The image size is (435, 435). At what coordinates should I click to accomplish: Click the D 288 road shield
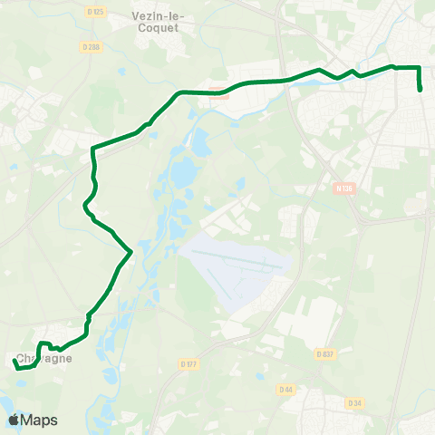[x=94, y=48]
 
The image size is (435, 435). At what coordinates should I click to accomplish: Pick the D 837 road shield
[x=326, y=354]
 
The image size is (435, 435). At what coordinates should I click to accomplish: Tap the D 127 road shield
[x=188, y=363]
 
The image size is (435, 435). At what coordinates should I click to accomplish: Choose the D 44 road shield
[x=286, y=390]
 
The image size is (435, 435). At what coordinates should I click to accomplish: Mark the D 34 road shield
[x=354, y=402]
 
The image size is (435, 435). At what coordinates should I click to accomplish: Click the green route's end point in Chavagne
[x=14, y=361]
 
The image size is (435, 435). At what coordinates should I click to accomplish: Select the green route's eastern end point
[x=421, y=90]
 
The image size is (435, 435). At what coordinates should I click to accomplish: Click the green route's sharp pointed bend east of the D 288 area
[x=131, y=250]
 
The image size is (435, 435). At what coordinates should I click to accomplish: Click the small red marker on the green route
[x=217, y=90]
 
